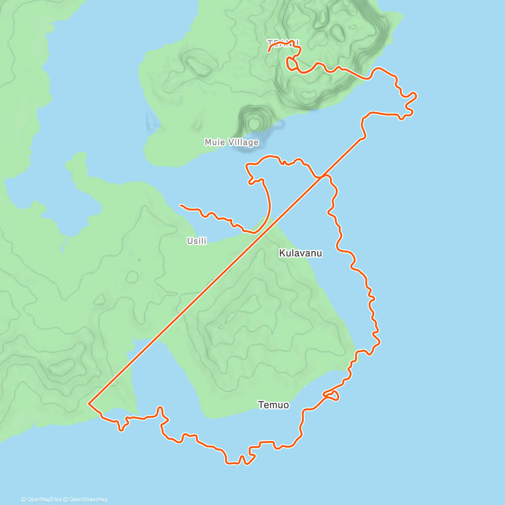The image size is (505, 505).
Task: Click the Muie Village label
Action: click(231, 142)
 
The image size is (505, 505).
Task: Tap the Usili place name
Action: click(197, 241)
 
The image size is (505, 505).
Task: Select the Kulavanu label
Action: click(300, 253)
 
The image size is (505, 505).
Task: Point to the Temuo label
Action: click(274, 405)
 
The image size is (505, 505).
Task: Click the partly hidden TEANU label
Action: click(283, 43)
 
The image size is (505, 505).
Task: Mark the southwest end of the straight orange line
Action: click(89, 404)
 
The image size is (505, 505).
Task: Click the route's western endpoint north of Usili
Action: click(181, 205)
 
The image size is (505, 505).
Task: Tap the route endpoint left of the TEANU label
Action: click(268, 51)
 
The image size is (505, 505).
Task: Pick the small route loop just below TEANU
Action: click(291, 64)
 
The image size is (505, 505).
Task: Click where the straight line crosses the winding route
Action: click(323, 176)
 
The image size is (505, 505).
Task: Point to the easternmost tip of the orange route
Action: click(416, 96)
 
